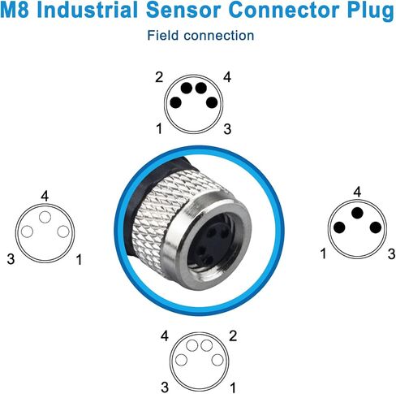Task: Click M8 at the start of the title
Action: (15, 10)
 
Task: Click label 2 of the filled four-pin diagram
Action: (159, 77)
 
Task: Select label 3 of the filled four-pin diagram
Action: (227, 129)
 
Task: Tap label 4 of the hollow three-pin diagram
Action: (45, 196)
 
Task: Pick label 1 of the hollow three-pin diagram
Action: (79, 259)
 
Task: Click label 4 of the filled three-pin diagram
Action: (357, 192)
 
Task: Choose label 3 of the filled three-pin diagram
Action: (391, 254)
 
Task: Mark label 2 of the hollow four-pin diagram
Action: (233, 336)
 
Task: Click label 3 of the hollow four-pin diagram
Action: (165, 388)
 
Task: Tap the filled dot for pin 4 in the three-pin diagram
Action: (357, 213)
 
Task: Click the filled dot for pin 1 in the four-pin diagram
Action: (176, 102)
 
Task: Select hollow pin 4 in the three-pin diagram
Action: (45, 217)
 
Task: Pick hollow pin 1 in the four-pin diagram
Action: (217, 361)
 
